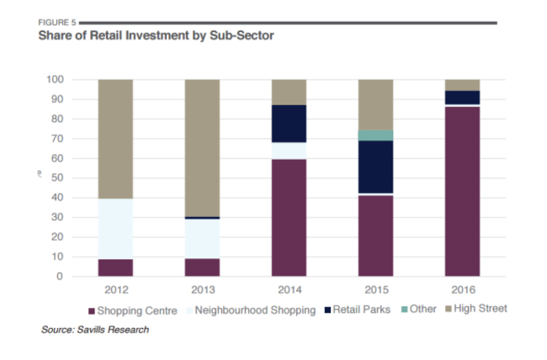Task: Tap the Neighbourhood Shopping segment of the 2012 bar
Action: [115, 229]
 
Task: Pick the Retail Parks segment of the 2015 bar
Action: [374, 167]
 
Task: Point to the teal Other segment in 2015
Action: [374, 135]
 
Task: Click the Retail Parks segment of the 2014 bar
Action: [289, 124]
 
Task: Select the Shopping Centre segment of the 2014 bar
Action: [289, 217]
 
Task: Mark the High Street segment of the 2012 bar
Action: [115, 139]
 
